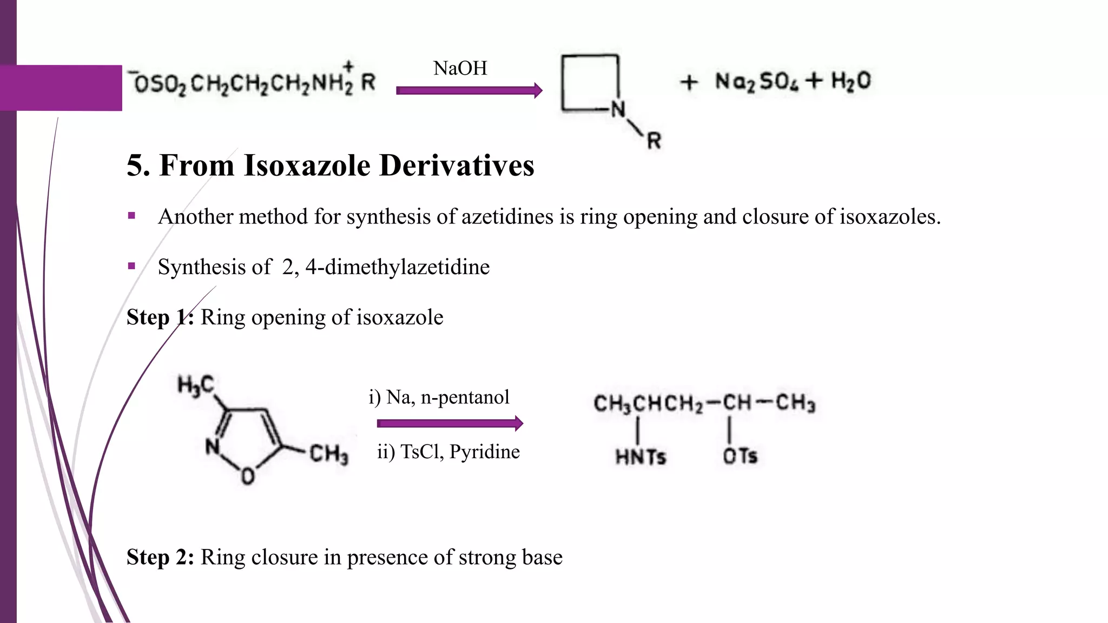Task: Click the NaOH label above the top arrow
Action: (x=460, y=68)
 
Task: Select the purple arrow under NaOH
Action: (x=469, y=90)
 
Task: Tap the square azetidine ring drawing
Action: (x=590, y=82)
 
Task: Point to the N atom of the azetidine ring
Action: (x=618, y=109)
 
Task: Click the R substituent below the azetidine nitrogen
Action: (x=654, y=141)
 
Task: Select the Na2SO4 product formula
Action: (x=756, y=82)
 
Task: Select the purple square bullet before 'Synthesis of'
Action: (x=131, y=266)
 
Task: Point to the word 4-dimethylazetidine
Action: (x=397, y=267)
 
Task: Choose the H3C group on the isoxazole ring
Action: (x=196, y=386)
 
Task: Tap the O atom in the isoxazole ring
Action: (x=248, y=476)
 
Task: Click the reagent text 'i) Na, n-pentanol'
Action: (x=439, y=397)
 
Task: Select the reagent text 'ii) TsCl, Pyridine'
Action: (x=448, y=452)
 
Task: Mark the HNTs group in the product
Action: (x=641, y=457)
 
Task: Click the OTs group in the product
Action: (x=740, y=456)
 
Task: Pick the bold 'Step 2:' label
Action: (x=160, y=557)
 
